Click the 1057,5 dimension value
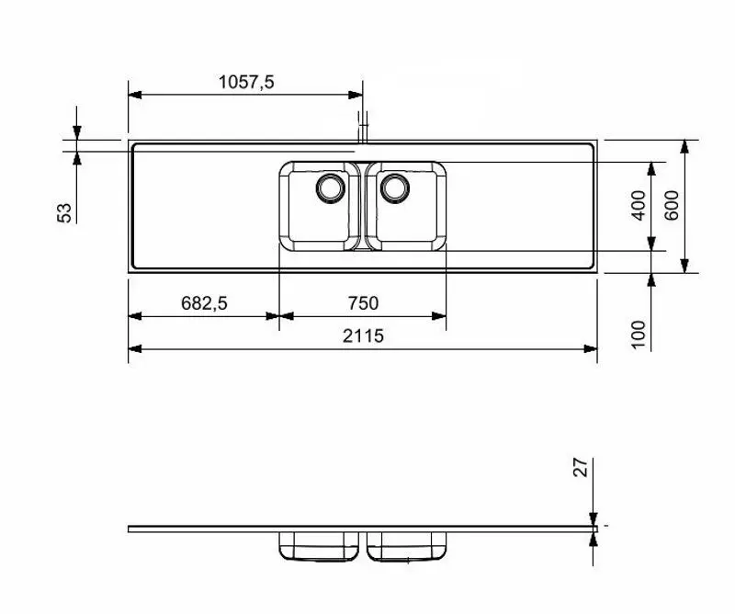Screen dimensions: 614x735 [246, 82]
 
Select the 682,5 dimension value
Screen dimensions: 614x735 [203, 303]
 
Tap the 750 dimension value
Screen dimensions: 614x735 [362, 303]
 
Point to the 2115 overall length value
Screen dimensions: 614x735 [363, 336]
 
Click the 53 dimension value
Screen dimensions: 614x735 [64, 212]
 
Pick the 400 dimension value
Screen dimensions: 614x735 [639, 205]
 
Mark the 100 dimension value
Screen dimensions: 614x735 [639, 333]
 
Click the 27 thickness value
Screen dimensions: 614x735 [579, 469]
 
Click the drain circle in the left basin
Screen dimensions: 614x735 [329, 188]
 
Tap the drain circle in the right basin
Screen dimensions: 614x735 [396, 188]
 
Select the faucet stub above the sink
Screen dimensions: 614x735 [363, 127]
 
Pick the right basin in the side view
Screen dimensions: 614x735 [407, 547]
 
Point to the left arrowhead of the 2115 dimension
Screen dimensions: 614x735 [134, 348]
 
